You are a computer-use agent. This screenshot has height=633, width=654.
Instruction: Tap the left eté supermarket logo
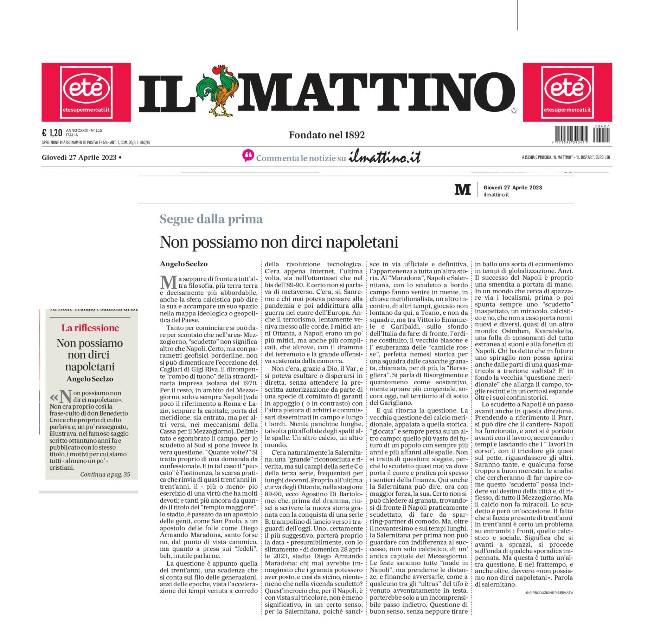86,92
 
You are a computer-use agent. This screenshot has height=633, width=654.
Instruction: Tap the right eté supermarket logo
567,92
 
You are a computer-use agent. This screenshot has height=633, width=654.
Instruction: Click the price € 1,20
52,133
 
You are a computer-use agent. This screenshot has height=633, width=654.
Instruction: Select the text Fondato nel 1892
327,135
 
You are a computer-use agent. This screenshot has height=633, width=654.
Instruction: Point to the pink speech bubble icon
248,156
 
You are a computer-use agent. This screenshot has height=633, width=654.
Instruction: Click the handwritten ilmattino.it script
384,157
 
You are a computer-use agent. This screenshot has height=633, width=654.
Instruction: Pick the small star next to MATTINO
514,111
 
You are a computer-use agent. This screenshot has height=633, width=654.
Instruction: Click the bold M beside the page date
462,190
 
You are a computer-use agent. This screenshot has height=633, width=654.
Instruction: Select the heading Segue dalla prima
211,219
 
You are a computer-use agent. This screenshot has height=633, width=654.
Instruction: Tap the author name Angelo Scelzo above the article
184,264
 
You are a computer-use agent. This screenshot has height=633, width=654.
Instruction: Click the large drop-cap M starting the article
168,282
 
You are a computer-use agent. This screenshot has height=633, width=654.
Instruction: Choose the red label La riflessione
90,328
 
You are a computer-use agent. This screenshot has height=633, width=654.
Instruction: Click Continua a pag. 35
105,474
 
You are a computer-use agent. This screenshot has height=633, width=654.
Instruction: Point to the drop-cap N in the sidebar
65,396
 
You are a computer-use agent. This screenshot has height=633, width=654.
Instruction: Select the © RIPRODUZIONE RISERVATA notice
549,593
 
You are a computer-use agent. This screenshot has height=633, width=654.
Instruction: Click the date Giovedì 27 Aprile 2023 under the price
79,157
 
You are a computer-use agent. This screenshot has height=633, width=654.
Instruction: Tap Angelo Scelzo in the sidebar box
90,379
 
